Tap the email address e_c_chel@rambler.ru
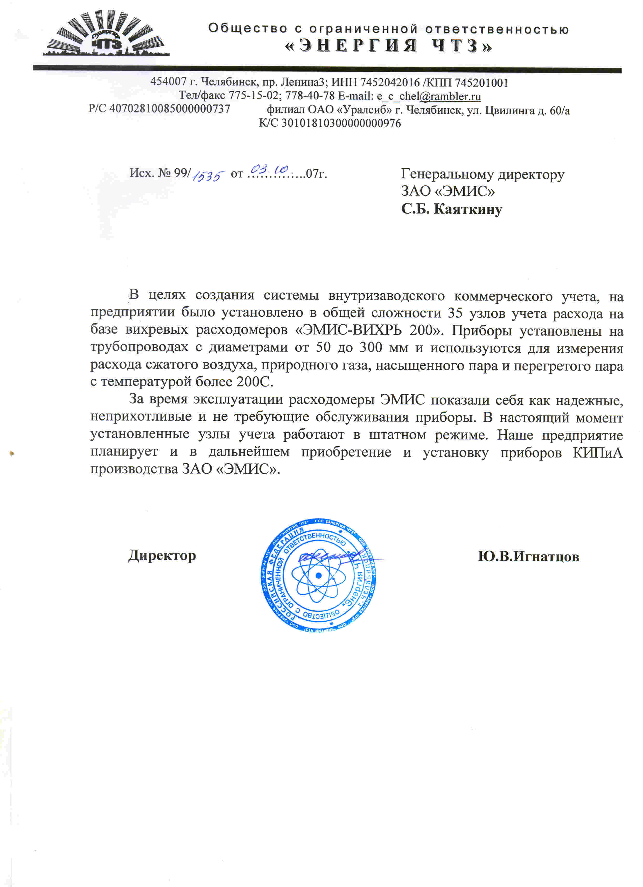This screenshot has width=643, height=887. click(x=429, y=96)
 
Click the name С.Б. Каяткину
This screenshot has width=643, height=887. click(x=451, y=209)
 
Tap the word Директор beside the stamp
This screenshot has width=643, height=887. click(x=162, y=555)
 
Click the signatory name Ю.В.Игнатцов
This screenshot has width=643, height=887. click(x=528, y=556)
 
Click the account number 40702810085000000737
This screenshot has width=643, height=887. click(x=170, y=109)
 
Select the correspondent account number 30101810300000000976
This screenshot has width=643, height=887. click(x=341, y=124)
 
